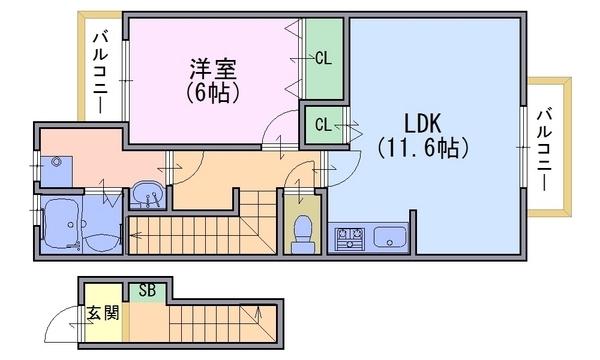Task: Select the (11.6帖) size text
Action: pyautogui.click(x=423, y=149)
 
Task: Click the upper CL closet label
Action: pyautogui.click(x=323, y=58)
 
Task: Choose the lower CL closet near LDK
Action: pyautogui.click(x=323, y=125)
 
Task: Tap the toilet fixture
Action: pyautogui.click(x=300, y=231)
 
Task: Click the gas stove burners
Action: pyautogui.click(x=349, y=238)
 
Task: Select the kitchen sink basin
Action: pyautogui.click(x=389, y=238)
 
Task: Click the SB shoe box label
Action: pyautogui.click(x=147, y=290)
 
